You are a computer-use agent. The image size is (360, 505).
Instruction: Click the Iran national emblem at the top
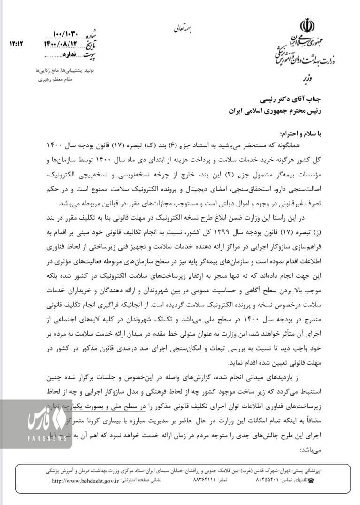coord(307,23)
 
